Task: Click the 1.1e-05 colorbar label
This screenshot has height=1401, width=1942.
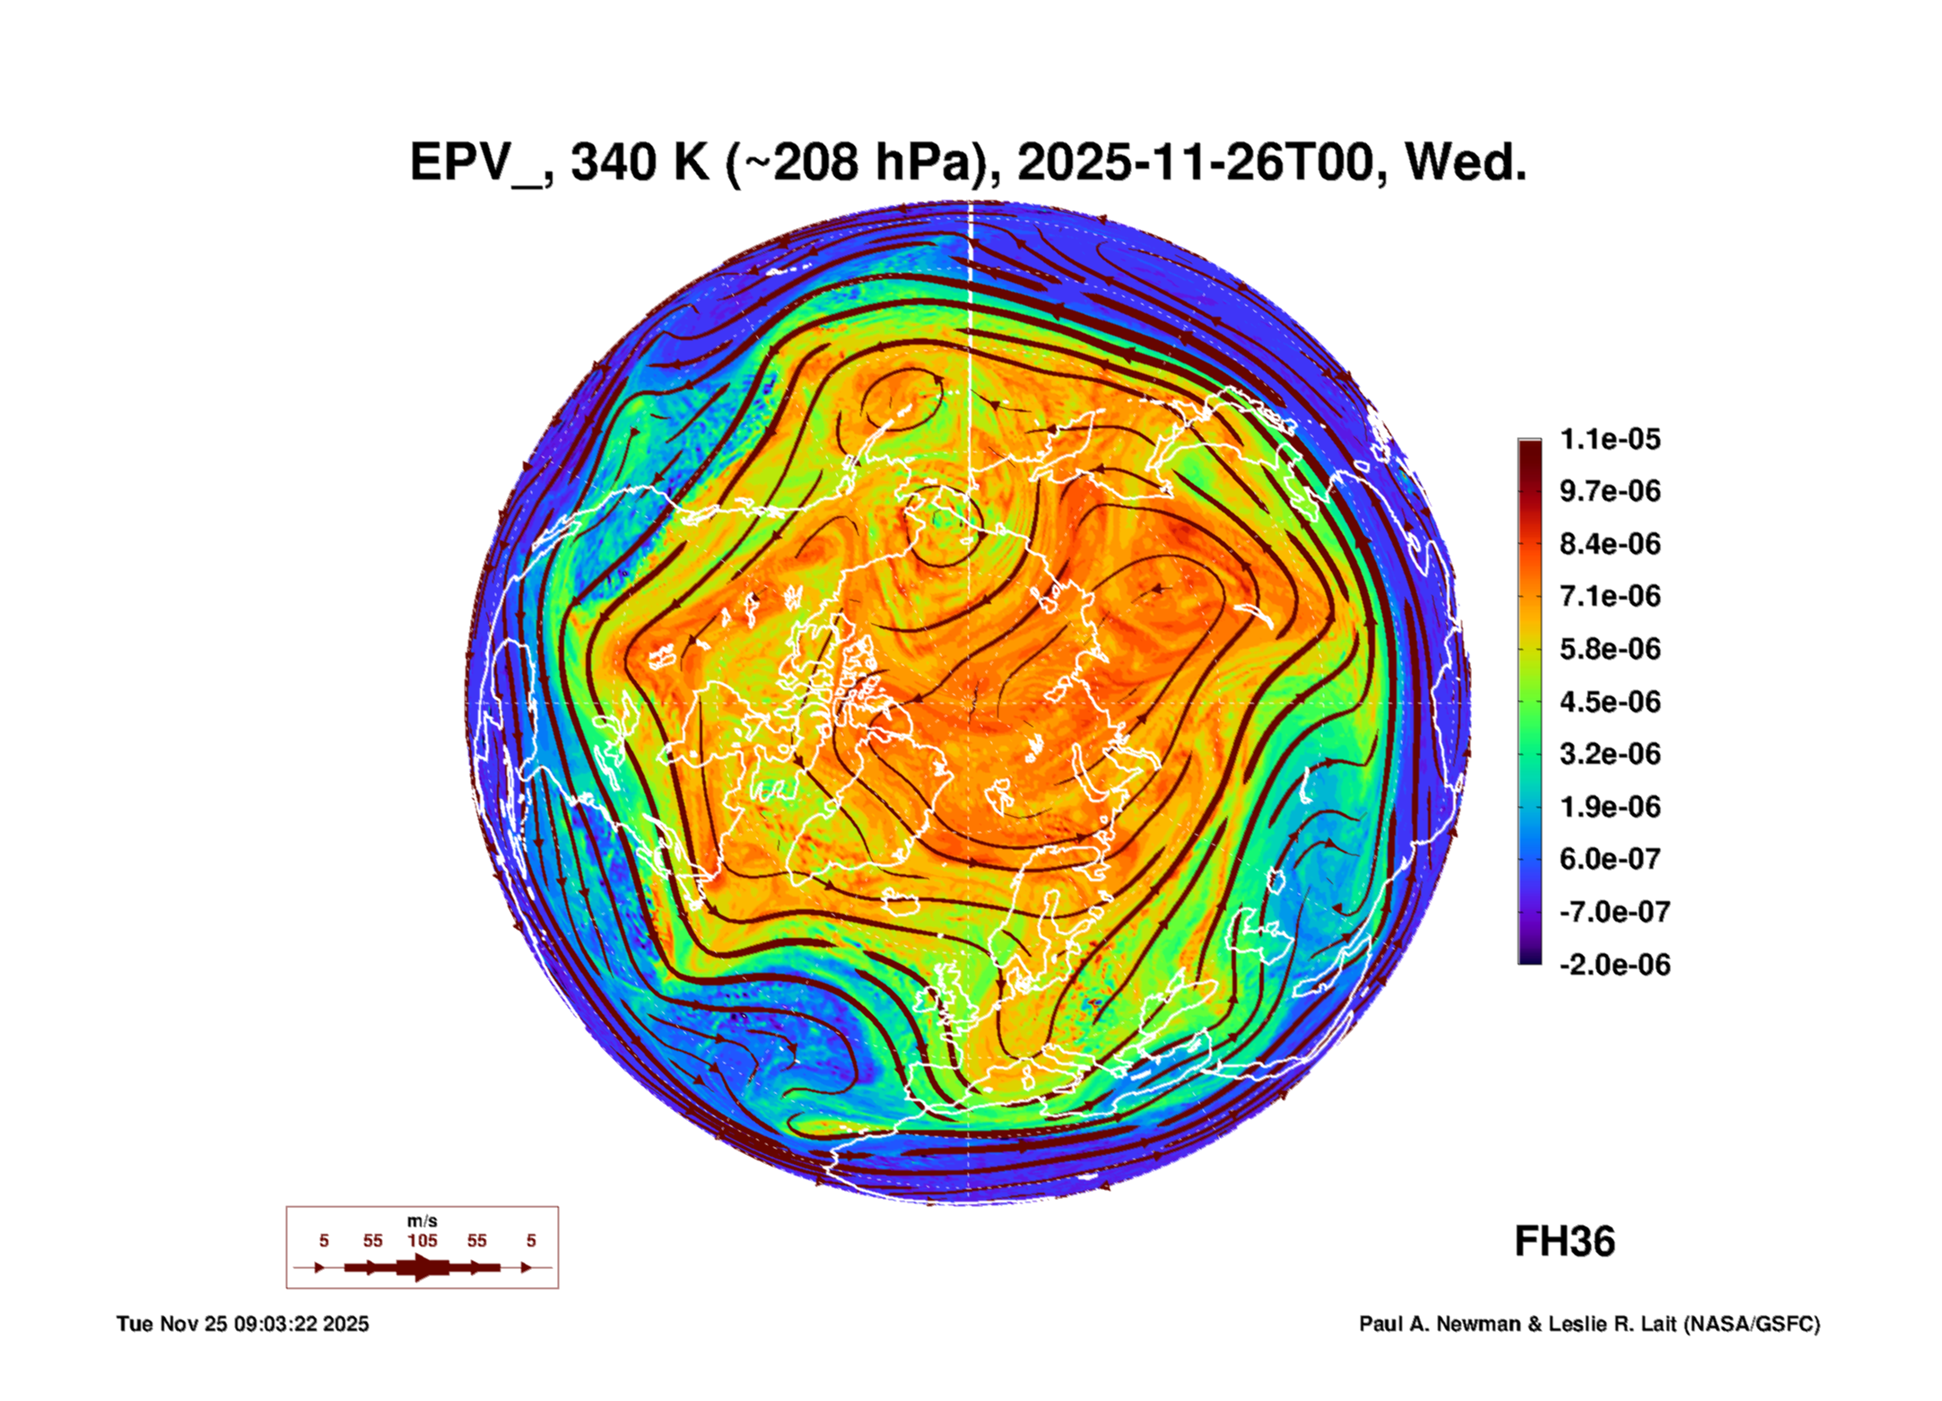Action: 1609,439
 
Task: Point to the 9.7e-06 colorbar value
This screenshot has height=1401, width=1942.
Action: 1609,491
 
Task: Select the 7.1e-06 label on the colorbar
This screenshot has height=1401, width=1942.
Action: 1609,596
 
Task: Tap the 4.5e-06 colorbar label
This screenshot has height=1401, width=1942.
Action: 1609,701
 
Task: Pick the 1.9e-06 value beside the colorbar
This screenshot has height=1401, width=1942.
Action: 1609,806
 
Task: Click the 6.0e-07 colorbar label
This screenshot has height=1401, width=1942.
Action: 1609,859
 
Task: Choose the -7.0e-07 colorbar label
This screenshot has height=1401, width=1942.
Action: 1614,912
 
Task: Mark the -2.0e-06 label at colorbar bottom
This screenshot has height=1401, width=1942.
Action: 1614,965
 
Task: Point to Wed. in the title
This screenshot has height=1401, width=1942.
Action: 1465,163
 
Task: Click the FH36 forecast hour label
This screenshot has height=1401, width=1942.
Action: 1564,1241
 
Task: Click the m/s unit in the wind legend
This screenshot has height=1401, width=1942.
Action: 422,1221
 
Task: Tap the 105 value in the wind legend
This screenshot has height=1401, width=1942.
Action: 422,1240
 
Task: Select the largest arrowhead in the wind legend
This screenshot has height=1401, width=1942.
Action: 422,1267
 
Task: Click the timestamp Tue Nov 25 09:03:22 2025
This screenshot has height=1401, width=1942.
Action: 242,1324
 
